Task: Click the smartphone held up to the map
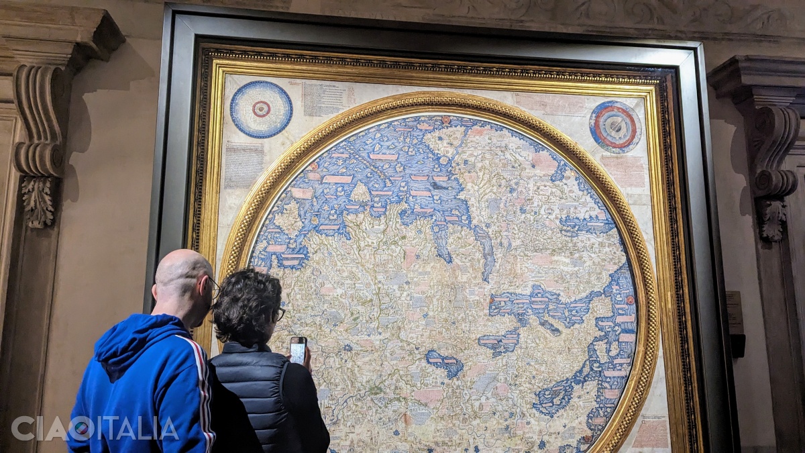coord(298,350)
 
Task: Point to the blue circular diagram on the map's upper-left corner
coord(261,109)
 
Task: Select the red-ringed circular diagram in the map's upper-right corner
coord(615,127)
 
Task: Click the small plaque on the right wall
coord(735,312)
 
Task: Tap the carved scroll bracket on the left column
coord(39,121)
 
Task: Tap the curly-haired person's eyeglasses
coord(279,313)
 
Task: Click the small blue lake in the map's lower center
coord(445,363)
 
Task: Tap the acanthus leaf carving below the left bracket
coord(38,201)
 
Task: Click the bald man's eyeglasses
coord(214,288)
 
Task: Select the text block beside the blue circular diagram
coord(323,99)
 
